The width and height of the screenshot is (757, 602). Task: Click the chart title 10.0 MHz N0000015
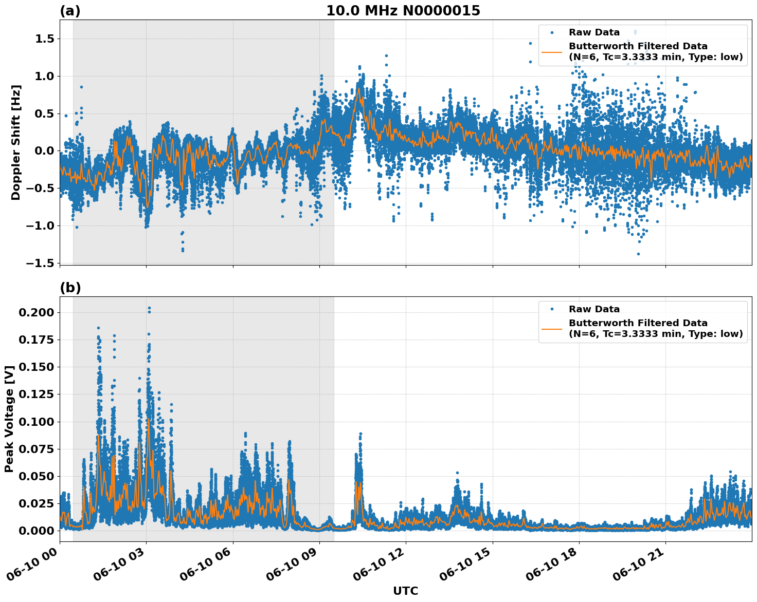pos(403,11)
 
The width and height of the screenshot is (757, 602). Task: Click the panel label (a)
pos(70,11)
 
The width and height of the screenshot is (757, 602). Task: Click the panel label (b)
pos(70,288)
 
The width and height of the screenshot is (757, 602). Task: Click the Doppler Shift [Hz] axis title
pos(16,142)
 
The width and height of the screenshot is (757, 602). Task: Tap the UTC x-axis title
pos(405,591)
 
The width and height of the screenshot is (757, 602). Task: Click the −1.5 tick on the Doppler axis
pos(42,263)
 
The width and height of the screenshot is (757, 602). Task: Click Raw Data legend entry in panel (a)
pos(594,32)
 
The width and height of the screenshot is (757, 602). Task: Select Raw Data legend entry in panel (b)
pos(594,309)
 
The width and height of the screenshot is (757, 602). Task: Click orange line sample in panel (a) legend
pos(552,51)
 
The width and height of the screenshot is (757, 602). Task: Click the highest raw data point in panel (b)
pos(149,308)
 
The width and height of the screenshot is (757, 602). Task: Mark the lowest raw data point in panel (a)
pos(638,254)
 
